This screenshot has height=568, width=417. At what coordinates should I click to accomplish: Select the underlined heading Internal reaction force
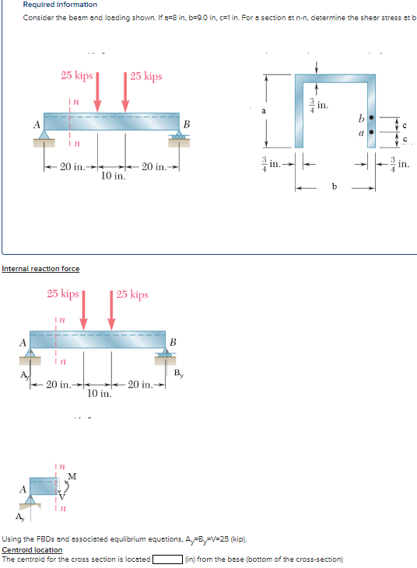40,269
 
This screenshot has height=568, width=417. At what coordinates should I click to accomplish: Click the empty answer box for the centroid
167,559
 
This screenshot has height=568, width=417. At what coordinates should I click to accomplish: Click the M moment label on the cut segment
72,476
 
